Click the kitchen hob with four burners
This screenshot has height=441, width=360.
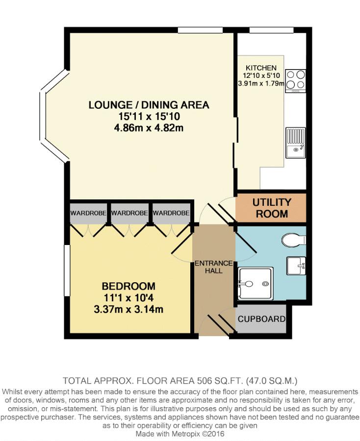[296, 81]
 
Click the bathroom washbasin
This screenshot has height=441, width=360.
[296, 266]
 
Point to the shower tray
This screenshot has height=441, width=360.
[256, 284]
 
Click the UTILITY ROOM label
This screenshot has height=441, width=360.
[272, 208]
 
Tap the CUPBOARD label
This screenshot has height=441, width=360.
[261, 319]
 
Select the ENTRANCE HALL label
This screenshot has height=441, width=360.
[214, 267]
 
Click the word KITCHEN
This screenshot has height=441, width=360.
[261, 68]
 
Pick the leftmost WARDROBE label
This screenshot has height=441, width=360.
[88, 213]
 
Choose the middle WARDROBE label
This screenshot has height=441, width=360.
[129, 213]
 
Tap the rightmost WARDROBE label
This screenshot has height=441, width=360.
[171, 213]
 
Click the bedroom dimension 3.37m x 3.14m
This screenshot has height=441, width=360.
[129, 309]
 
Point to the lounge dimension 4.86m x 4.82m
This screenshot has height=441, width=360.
[149, 128]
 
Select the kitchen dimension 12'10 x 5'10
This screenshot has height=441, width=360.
[261, 75]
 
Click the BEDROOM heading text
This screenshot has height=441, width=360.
[129, 286]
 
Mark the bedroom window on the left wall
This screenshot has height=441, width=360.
[67, 270]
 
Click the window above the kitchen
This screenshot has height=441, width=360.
[271, 30]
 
